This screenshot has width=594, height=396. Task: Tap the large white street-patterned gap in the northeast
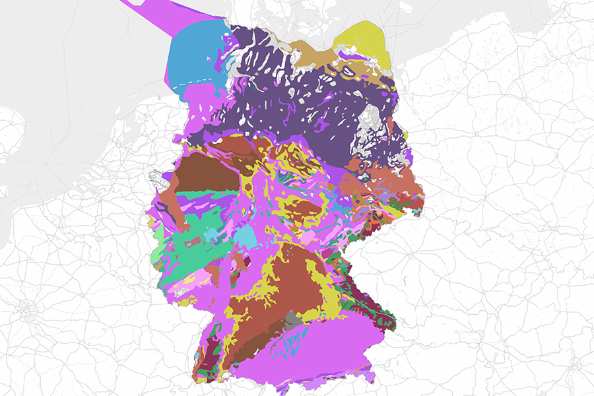click(x=373, y=129)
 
